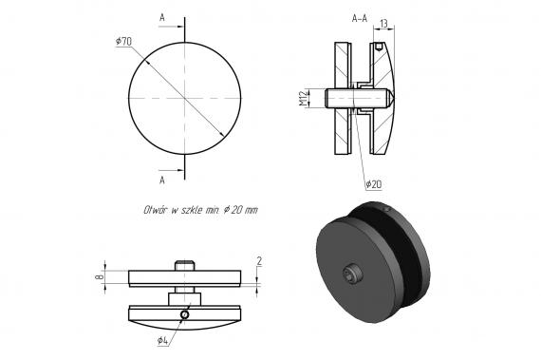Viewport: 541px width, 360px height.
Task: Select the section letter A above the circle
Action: pos(162,17)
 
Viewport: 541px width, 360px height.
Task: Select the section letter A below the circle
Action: pos(162,179)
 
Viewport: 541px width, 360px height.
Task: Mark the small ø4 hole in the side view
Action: pos(186,315)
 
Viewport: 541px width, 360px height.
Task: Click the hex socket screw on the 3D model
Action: pos(353,276)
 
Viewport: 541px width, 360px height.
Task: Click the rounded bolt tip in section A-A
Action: pos(391,98)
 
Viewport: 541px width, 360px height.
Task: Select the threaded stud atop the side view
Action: pos(185,265)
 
